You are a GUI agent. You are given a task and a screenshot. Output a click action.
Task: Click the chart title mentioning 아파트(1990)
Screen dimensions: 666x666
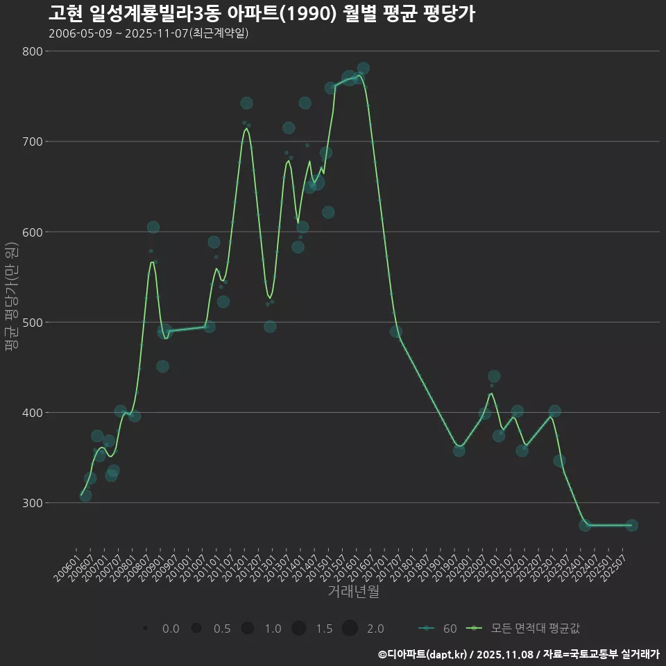(x=262, y=14)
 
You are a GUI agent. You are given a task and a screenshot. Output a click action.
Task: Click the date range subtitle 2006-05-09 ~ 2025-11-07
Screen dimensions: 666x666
(x=148, y=33)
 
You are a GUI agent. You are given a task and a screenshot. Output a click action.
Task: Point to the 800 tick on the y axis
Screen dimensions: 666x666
(x=33, y=51)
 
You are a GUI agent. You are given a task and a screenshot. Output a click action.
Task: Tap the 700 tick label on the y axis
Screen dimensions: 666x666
(x=33, y=142)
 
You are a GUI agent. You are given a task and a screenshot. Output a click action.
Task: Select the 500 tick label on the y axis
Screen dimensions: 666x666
(x=33, y=323)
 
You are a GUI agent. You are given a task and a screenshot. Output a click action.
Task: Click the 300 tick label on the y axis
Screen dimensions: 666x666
(x=33, y=503)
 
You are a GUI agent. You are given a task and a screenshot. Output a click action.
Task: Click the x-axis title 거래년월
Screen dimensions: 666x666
(x=353, y=592)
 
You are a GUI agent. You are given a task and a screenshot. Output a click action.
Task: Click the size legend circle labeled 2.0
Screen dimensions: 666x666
(x=350, y=629)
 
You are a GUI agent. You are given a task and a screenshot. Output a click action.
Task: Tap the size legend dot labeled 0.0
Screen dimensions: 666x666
(x=145, y=629)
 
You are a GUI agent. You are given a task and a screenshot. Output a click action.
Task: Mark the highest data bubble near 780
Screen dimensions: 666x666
(x=363, y=69)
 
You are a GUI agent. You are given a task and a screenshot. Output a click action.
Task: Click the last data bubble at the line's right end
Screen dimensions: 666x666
(x=631, y=525)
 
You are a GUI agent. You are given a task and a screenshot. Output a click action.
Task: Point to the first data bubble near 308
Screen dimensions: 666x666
(x=85, y=495)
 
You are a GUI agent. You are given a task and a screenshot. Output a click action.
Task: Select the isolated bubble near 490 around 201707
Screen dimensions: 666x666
(x=395, y=332)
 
